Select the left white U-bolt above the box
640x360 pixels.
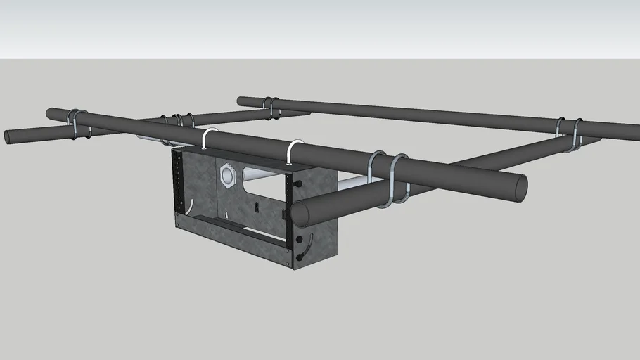click(x=209, y=137)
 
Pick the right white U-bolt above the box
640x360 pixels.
click(x=295, y=150)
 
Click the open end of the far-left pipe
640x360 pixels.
click(x=8, y=136)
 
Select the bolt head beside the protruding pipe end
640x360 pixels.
click(x=298, y=184)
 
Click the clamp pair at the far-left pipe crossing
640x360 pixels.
click(x=78, y=123)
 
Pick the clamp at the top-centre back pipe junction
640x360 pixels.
click(x=271, y=106)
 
